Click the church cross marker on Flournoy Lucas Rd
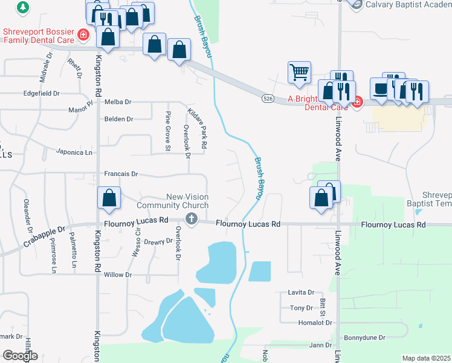tap(192, 218)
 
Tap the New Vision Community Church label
tap(187, 201)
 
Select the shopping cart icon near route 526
tap(299, 73)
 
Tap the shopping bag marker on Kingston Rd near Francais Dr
tap(109, 198)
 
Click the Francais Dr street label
tap(121, 174)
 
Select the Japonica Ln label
tap(75, 152)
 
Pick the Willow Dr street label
tap(117, 275)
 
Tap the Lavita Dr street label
tap(302, 292)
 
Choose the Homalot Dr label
tap(312, 322)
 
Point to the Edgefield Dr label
tap(41, 93)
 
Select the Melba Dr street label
tap(118, 102)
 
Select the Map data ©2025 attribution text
tap(426, 358)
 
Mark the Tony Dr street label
tap(301, 308)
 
